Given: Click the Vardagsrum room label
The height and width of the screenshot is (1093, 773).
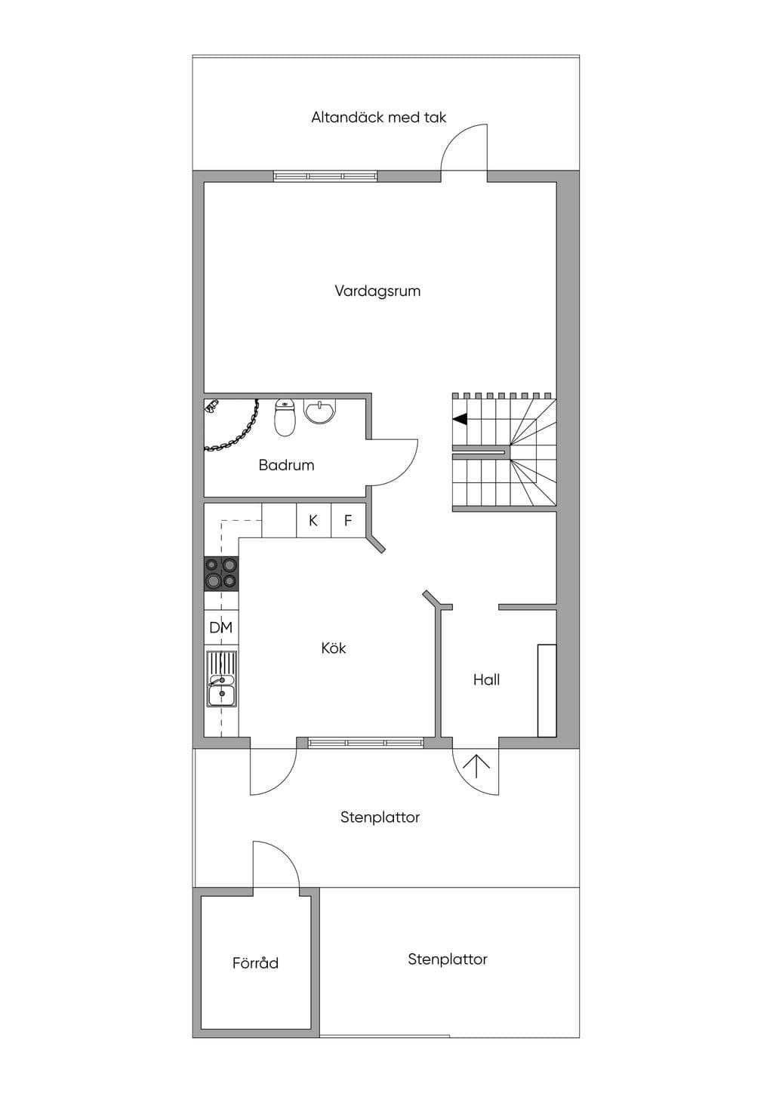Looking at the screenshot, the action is [x=377, y=291].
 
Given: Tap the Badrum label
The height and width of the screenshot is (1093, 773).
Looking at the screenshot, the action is [x=286, y=465].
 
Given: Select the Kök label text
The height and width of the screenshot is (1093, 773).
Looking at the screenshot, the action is [x=334, y=648].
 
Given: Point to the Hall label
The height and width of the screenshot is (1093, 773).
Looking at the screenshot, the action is [x=487, y=679].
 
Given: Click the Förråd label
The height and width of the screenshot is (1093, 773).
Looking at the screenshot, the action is [x=255, y=962].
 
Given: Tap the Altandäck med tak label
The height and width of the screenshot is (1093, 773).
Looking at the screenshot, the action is [x=379, y=117].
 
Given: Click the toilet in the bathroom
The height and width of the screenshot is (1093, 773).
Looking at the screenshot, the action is [x=285, y=417].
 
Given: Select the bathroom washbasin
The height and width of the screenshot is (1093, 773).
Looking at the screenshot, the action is [x=320, y=411].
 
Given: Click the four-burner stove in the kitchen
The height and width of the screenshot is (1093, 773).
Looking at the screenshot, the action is [x=221, y=574].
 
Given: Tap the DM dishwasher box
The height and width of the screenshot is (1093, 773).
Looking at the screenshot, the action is [x=221, y=627].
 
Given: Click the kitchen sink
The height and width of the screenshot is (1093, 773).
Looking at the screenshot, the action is [x=221, y=679].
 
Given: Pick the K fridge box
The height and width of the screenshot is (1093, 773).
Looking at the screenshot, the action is [x=313, y=521].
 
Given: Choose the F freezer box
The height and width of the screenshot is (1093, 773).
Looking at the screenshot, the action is [x=348, y=521].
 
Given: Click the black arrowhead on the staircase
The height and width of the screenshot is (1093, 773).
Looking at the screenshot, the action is [x=460, y=419].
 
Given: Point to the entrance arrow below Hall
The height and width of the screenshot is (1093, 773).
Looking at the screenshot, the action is [x=476, y=767].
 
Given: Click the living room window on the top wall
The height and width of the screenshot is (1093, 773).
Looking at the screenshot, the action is [x=325, y=176].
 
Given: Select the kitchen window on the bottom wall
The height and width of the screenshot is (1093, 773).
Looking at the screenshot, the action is [x=365, y=743].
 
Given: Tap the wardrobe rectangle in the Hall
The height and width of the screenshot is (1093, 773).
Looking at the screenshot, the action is [x=547, y=691].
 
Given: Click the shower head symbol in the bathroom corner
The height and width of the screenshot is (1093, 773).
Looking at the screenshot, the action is [x=212, y=406].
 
